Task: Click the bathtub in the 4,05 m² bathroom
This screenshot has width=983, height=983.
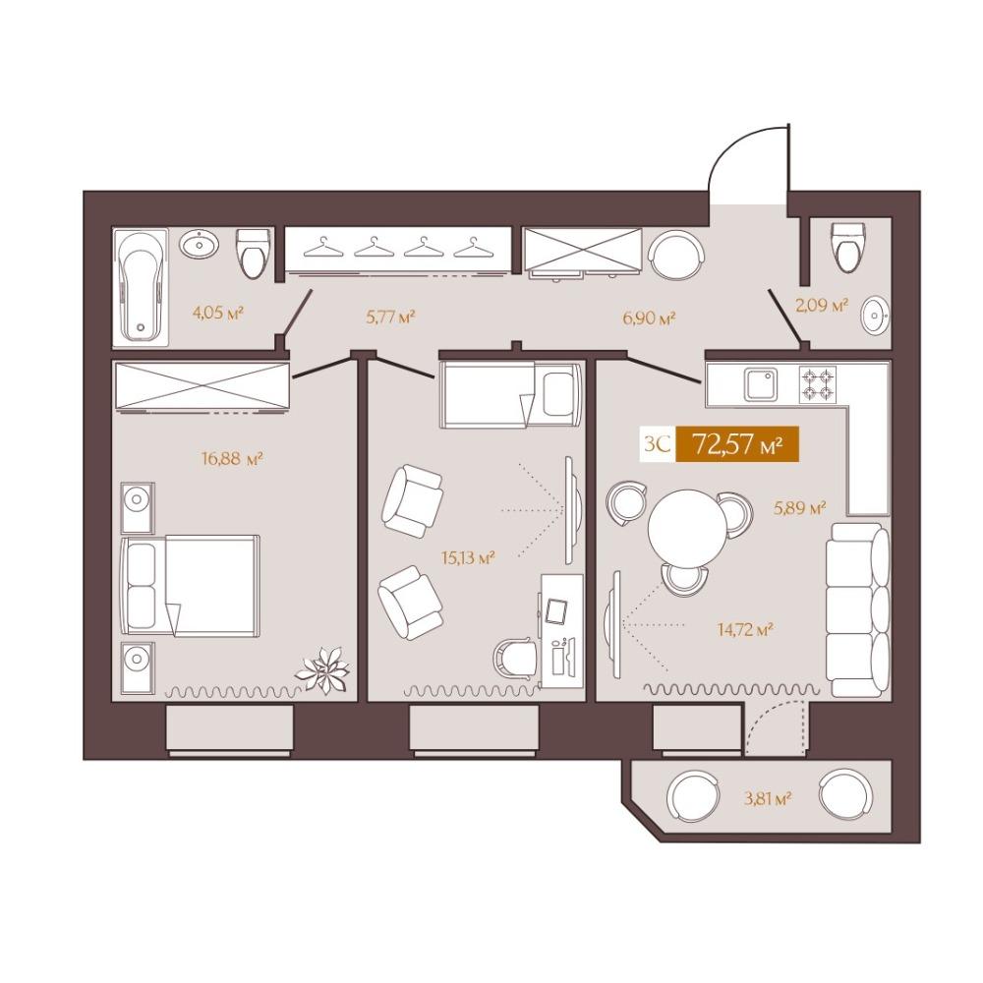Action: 141,286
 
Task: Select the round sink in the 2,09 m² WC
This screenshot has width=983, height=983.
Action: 875,317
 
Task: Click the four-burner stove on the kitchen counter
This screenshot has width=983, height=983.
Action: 818,384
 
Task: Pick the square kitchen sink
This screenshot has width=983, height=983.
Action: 761,384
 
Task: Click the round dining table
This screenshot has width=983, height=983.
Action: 687,528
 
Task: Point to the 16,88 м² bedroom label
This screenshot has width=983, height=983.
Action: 231,459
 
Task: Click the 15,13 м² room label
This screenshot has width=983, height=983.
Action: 468,556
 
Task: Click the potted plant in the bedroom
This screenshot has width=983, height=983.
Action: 322,670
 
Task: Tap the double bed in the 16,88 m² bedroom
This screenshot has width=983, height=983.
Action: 190,585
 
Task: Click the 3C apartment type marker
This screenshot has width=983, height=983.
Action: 658,444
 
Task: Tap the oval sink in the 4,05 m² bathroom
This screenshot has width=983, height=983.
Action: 201,243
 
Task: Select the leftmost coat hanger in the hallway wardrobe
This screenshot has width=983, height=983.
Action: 324,247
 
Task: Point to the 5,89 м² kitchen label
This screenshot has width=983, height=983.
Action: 799,508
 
